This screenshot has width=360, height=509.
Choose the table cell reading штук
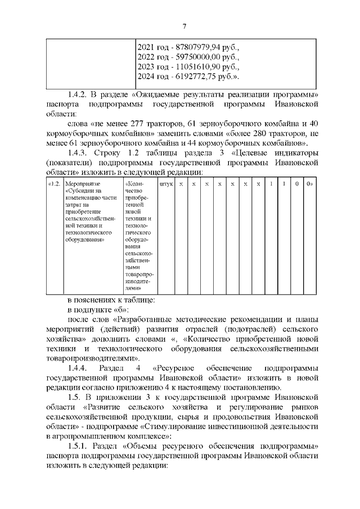pos(165,184)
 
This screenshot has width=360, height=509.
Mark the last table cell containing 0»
pos(309,184)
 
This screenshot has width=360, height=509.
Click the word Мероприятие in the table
pos(81,184)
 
